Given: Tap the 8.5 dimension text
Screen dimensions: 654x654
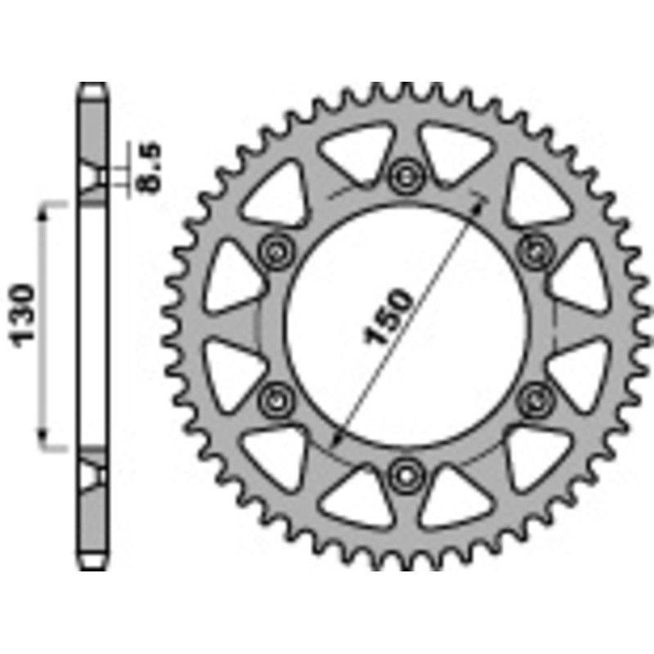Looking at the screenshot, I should [150, 168].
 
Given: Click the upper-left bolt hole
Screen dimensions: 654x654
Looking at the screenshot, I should [275, 249].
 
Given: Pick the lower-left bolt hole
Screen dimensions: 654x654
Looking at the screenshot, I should [275, 400].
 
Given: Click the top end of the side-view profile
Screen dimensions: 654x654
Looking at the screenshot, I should [94, 88].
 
